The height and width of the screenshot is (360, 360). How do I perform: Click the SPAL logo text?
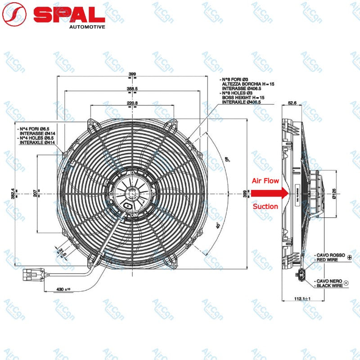[x=69, y=14]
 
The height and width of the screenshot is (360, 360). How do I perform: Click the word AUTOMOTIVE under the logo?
[x=87, y=27]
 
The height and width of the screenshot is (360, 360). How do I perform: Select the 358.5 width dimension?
[x=132, y=89]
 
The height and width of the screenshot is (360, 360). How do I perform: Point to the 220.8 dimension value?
[x=132, y=103]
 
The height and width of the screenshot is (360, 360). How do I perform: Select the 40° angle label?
[x=218, y=226]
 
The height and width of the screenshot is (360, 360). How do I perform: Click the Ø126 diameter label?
[x=334, y=194]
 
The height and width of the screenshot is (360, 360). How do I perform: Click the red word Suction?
[x=265, y=207]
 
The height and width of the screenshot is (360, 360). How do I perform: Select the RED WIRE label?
[x=331, y=260]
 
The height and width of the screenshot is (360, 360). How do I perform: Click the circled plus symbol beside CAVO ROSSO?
[x=350, y=256]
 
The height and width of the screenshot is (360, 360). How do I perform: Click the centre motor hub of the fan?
[x=131, y=193]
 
